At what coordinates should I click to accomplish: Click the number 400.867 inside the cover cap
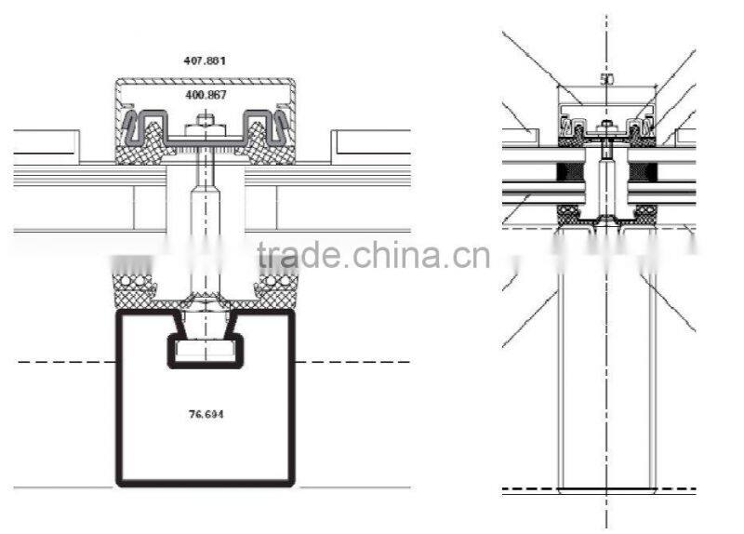(206, 95)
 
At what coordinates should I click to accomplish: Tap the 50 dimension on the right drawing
(606, 79)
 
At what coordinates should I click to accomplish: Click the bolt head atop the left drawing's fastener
(205, 120)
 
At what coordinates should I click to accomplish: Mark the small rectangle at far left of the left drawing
(46, 142)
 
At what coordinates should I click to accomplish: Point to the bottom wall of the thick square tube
(205, 481)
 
